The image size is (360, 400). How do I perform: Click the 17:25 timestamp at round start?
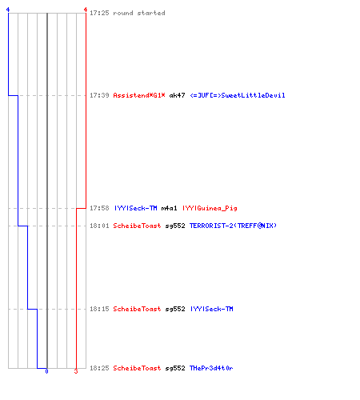coord(99,13)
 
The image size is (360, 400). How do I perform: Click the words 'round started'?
coord(139,13)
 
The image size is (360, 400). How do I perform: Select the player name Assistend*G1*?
coord(139,95)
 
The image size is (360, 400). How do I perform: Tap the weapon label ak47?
coord(177,95)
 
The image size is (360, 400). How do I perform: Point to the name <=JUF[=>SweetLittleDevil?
coord(238,95)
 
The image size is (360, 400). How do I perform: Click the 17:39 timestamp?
coord(99,95)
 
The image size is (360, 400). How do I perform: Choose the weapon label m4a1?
coord(169,208)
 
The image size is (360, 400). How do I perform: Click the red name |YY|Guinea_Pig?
coord(210,208)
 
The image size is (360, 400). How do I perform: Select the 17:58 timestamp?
coord(99,208)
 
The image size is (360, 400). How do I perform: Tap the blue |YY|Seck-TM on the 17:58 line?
coord(135,208)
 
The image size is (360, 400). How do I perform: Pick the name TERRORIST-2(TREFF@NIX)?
coord(233,226)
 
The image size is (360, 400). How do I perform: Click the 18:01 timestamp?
coord(99,226)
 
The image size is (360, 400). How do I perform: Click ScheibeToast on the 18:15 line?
coord(137,309)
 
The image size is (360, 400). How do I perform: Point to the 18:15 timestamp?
coord(99,309)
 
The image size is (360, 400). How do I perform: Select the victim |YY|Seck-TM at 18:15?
coord(212,309)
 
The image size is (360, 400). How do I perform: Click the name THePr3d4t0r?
coord(211,368)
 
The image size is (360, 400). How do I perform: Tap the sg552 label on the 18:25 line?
coord(175,368)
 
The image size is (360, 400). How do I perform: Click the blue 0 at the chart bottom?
coord(46,371)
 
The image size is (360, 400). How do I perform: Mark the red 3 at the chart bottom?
coord(76,371)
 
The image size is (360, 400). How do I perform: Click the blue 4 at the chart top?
coord(8,10)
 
